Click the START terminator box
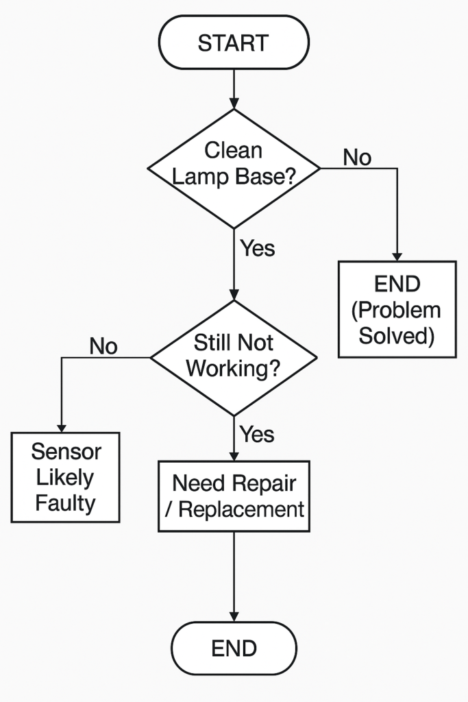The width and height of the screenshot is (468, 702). tap(234, 43)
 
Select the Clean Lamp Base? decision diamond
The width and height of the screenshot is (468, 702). tap(234, 169)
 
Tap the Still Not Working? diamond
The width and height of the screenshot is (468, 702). tap(234, 358)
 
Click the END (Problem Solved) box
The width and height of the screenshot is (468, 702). tap(397, 309)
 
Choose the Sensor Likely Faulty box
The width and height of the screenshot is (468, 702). tap(65, 477)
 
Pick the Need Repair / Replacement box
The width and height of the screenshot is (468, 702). tap(234, 496)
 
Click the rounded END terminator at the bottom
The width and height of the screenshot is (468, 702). tap(234, 649)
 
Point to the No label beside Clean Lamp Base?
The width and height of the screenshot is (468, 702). tap(357, 158)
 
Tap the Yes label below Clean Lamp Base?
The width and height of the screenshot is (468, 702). tap(257, 248)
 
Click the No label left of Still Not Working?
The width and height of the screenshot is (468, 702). tap(103, 346)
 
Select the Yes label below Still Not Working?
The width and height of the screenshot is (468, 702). tap(257, 434)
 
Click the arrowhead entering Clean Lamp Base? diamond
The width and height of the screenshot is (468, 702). tap(234, 104)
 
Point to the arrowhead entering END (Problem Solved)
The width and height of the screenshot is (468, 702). tap(397, 256)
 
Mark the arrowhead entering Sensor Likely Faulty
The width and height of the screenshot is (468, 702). tap(61, 427)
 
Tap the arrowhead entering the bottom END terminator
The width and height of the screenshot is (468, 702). tap(234, 616)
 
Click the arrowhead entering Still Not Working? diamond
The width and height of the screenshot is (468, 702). tap(234, 295)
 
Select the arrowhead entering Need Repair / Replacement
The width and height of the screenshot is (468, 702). tap(234, 455)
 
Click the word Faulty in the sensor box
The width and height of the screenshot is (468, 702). tap(65, 503)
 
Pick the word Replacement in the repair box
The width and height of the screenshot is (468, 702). tap(241, 509)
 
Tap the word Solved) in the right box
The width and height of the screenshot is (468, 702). tap(397, 336)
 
